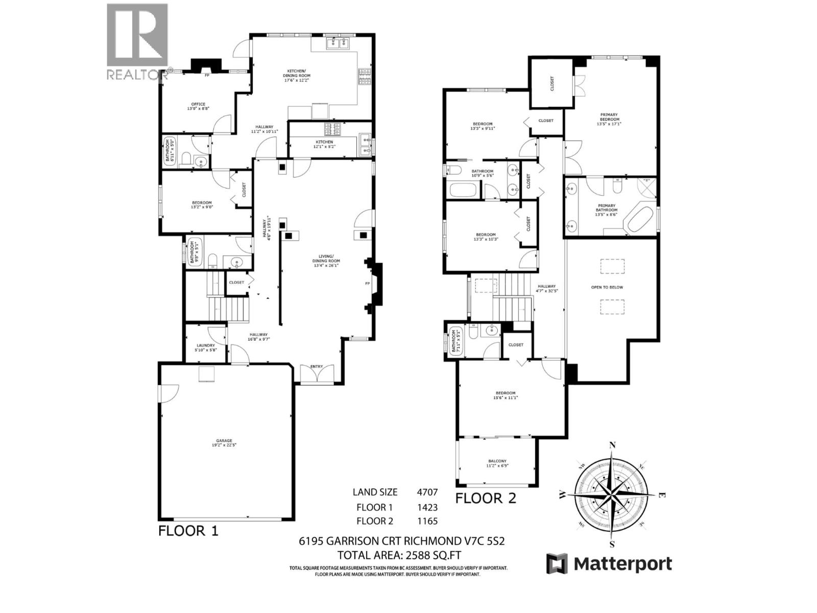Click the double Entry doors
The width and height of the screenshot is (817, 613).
[317, 374]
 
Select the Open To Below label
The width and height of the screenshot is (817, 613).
[607, 287]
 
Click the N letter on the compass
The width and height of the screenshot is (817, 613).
[613, 444]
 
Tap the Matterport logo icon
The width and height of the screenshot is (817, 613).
[557, 563]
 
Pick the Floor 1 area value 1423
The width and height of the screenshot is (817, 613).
[427, 507]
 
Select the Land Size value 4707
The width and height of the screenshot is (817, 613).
[427, 492]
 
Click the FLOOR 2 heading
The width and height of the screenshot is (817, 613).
[486, 498]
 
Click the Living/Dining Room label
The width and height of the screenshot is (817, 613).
[326, 258]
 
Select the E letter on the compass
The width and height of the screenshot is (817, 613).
[662, 494]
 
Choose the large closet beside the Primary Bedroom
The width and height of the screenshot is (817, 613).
[551, 84]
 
